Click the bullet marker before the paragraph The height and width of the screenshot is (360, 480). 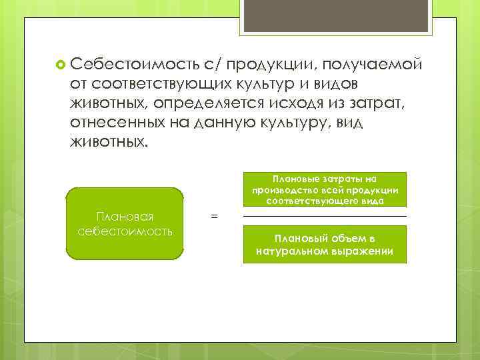click(x=61, y=64)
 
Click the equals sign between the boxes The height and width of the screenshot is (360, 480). click(x=213, y=217)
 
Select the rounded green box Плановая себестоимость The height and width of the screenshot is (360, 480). click(x=125, y=223)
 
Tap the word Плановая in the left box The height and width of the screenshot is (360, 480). click(x=125, y=217)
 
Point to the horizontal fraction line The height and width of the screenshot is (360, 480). click(x=325, y=217)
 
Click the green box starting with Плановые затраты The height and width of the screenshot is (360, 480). click(x=325, y=190)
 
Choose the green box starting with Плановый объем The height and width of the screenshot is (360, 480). click(x=325, y=245)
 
